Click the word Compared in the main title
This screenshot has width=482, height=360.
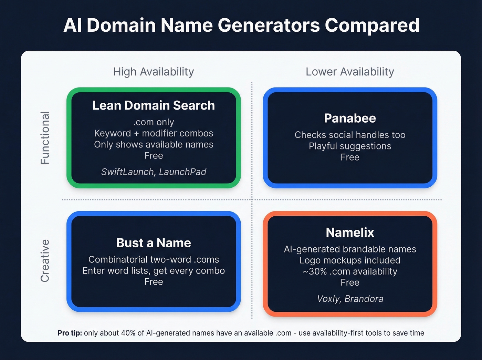[372, 25]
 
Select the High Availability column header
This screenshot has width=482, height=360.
[154, 72]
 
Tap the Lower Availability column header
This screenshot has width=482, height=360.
[350, 72]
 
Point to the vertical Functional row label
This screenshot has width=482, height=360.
[45, 138]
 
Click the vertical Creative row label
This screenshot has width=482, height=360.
[45, 261]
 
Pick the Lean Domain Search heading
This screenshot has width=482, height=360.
[154, 105]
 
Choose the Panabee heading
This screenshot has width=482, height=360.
[350, 118]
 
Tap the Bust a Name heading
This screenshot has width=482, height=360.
[154, 243]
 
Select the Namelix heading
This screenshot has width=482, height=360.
[350, 233]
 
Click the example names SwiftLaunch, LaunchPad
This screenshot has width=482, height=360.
[154, 172]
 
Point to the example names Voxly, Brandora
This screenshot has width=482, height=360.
[350, 299]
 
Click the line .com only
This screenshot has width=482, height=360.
[154, 122]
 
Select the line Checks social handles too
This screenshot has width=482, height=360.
[350, 135]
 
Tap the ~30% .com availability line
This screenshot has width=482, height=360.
[350, 271]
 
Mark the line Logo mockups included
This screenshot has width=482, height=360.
[350, 260]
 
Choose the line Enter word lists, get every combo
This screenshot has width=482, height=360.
[154, 271]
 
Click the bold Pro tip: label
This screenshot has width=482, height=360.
[70, 333]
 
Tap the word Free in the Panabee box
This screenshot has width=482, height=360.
[350, 157]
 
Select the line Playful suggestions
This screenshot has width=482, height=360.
[350, 146]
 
